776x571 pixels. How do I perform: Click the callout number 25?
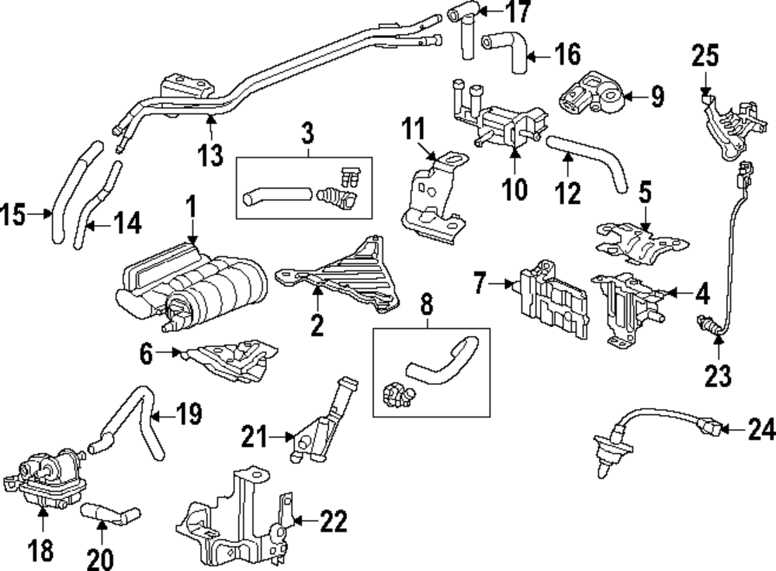tap(705, 56)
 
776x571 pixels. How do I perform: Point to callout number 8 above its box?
tap(426, 305)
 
